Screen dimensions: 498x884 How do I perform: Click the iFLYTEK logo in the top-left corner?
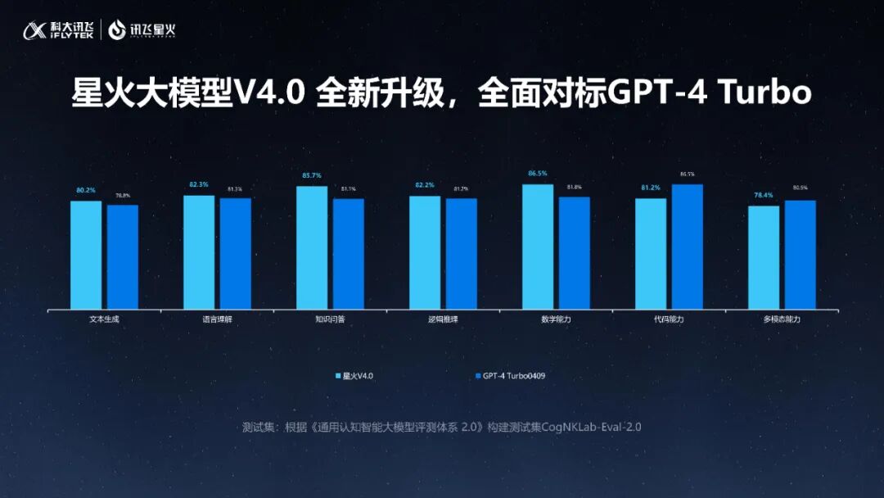tap(58, 30)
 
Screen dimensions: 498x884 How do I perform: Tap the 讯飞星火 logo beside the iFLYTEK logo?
tap(142, 31)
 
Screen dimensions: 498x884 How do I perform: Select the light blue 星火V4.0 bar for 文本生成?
tap(86, 255)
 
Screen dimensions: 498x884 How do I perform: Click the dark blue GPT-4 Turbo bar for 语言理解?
tap(236, 253)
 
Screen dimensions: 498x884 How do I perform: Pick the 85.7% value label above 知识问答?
tap(311, 175)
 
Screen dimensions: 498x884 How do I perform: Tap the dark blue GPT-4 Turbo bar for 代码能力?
tap(688, 247)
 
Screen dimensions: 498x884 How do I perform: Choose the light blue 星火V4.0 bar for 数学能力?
tap(538, 247)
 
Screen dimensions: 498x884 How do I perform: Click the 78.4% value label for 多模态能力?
tap(763, 195)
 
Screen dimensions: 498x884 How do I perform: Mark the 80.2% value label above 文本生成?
tap(86, 190)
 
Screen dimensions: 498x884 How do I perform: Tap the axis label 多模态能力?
tap(782, 319)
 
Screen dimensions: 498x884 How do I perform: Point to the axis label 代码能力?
tap(669, 319)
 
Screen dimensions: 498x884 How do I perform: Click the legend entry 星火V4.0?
tap(354, 376)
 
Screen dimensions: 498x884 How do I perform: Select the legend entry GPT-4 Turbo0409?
tap(510, 376)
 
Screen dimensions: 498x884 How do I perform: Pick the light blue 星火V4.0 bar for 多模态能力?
tap(764, 257)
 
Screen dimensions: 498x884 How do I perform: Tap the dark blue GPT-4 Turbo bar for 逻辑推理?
tap(462, 253)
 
